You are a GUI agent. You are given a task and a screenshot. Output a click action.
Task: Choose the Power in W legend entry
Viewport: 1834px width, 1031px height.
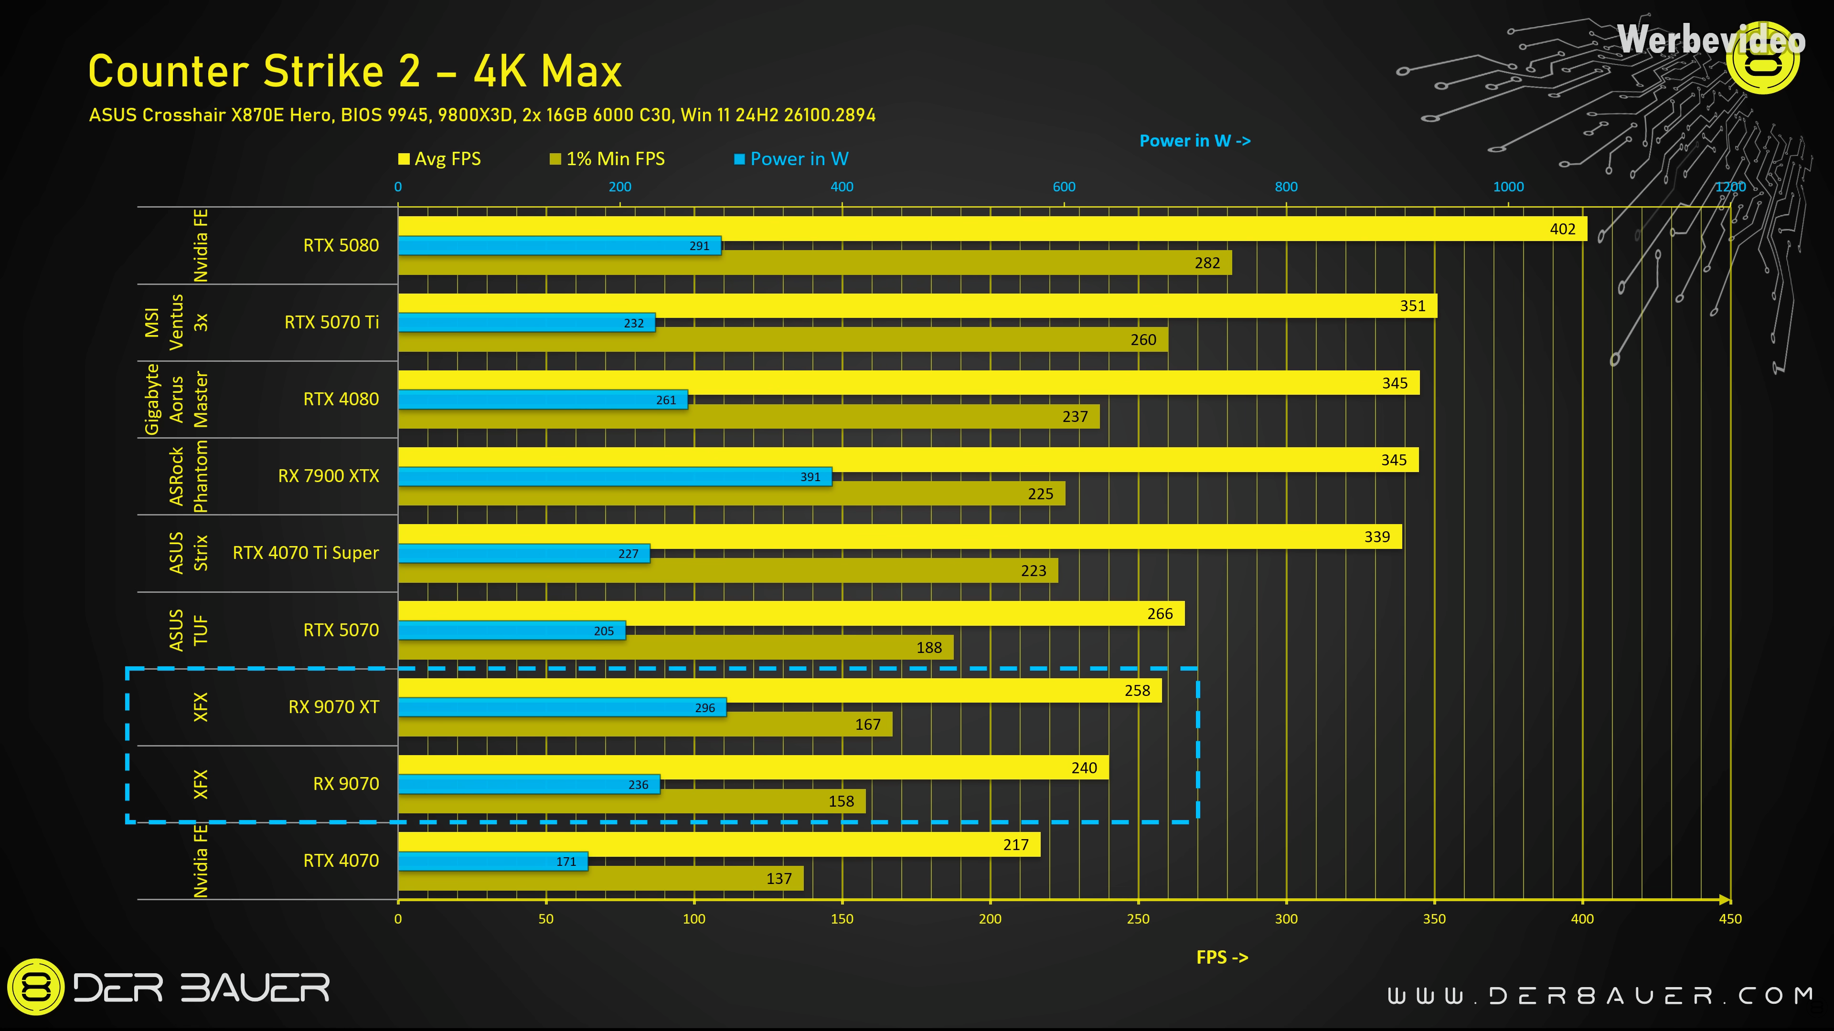792,158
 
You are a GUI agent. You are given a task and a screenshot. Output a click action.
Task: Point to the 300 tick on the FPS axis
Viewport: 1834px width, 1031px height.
1286,918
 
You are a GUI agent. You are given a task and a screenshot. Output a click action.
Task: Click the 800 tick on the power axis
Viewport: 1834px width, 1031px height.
1286,187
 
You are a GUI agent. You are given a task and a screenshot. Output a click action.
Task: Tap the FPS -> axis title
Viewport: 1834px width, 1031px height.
1222,957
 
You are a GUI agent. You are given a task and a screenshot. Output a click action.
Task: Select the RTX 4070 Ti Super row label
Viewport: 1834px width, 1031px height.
306,553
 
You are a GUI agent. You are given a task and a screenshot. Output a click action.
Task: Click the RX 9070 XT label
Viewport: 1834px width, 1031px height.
333,706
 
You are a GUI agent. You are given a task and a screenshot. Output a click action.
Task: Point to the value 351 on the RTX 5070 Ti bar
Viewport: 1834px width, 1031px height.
1413,306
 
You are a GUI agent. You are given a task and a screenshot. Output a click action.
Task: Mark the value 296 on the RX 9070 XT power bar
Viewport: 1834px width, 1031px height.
705,708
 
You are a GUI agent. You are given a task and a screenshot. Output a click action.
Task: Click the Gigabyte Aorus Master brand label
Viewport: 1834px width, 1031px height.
177,399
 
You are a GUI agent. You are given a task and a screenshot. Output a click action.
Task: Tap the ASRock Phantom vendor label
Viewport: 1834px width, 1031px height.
189,476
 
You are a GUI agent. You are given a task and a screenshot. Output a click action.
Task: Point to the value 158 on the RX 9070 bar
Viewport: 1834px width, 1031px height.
841,801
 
